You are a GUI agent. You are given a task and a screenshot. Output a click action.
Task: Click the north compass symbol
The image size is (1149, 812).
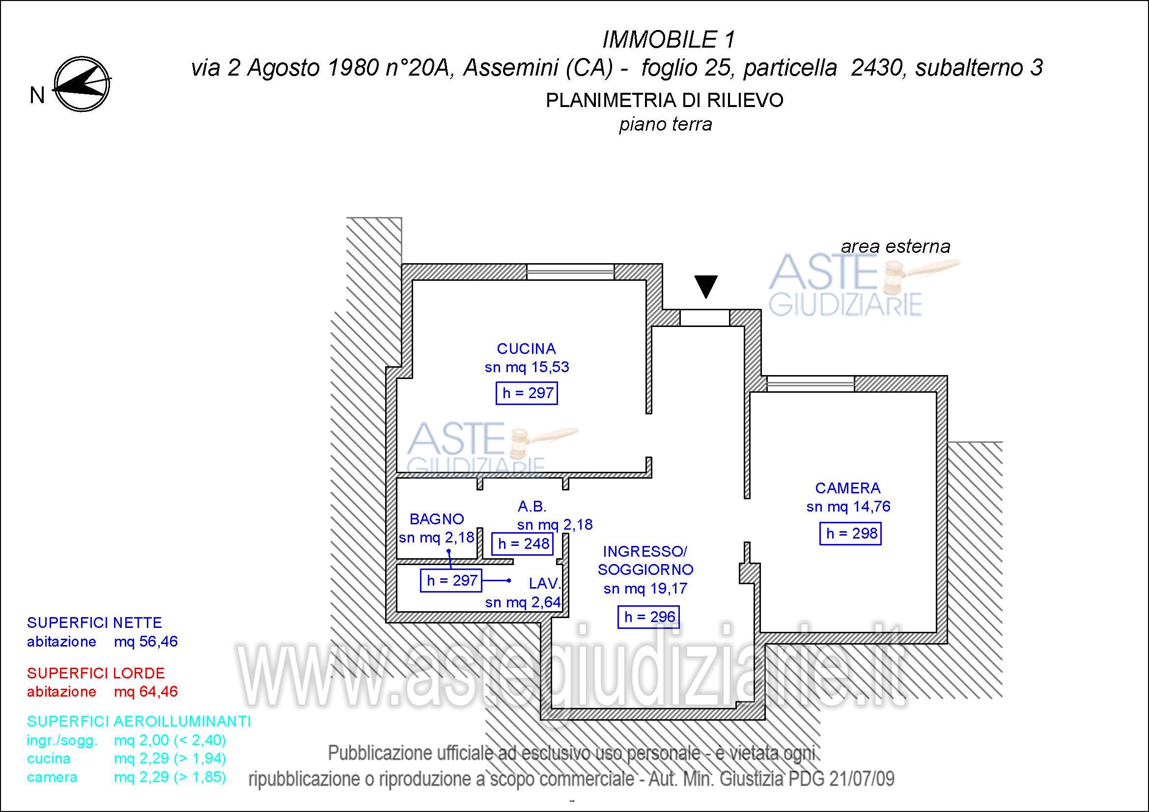(x=82, y=84)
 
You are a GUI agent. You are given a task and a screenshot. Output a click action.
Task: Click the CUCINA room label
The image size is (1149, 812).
(x=527, y=349)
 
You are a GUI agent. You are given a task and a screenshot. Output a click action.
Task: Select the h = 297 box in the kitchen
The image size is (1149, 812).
(x=527, y=393)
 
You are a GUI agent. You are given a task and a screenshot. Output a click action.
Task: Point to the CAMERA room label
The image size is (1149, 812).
(x=848, y=487)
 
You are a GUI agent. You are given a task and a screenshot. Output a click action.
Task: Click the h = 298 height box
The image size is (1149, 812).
(x=850, y=534)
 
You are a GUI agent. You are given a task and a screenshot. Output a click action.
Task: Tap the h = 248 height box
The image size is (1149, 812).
(x=523, y=543)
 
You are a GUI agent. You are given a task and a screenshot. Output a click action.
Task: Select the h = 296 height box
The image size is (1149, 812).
(x=648, y=617)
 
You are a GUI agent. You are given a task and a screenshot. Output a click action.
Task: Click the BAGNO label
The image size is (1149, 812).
(x=437, y=519)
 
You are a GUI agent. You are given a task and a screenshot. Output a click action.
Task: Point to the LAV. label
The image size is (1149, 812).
(x=545, y=584)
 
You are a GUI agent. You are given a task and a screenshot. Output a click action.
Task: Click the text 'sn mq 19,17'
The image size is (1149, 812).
(x=645, y=589)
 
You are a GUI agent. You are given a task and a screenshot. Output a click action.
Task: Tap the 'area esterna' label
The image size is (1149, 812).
(x=896, y=246)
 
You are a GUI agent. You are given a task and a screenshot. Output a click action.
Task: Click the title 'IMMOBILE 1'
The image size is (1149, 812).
(x=669, y=39)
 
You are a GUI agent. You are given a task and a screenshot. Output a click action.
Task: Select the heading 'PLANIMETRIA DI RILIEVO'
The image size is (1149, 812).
(x=665, y=101)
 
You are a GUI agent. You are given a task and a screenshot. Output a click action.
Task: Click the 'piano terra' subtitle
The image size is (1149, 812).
(x=666, y=125)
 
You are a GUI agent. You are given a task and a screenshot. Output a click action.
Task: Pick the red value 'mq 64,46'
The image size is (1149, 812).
(x=145, y=692)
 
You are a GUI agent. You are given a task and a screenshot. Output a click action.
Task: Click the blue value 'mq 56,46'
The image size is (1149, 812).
(x=145, y=642)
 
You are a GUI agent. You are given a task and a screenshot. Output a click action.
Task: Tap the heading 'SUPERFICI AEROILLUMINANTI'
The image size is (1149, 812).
(x=139, y=721)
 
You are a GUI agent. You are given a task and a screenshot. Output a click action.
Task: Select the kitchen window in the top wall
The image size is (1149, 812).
(x=570, y=272)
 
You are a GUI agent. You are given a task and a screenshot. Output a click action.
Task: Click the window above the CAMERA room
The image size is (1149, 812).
(x=811, y=384)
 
